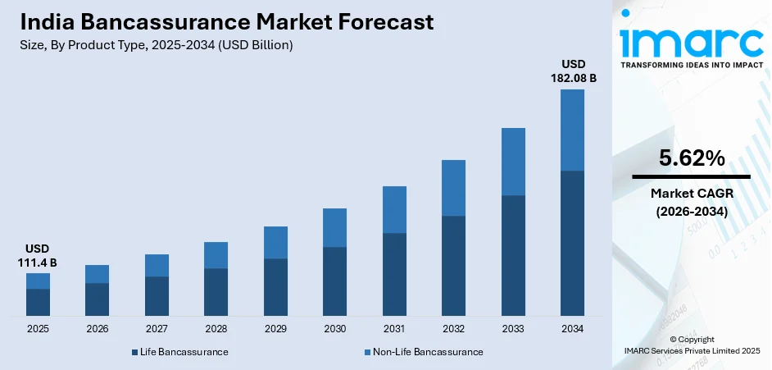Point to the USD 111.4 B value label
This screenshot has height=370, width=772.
pos(38,255)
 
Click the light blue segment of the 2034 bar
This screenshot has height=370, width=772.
pos(572,130)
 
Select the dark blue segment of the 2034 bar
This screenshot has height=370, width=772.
pos(572,243)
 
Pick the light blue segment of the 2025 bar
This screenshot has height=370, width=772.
pos(38,281)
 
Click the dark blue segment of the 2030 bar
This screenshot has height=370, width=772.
pos(334,281)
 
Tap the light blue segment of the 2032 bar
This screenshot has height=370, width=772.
pos(453,188)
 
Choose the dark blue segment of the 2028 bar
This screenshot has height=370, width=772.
pos(216,292)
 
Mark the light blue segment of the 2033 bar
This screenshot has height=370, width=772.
pos(513,162)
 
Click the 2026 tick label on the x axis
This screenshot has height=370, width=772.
pos(97,329)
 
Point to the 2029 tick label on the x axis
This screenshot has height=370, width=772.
pos(275,329)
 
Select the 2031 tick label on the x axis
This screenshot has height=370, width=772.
pos(394,329)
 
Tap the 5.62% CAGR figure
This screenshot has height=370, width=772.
pos(691,158)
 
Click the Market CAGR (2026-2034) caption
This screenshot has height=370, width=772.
pos(691,202)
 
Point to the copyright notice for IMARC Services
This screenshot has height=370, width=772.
pos(691,345)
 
